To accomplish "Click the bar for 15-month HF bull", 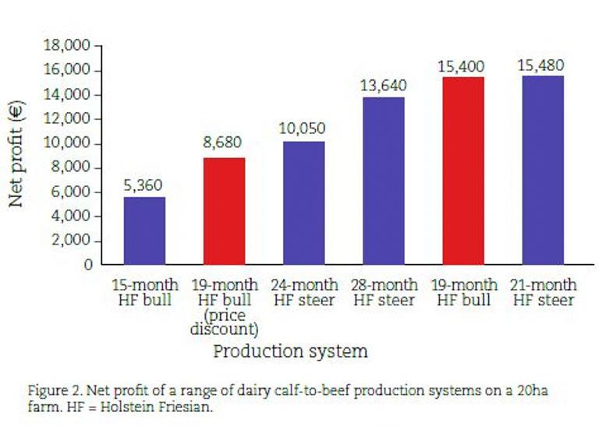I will [145, 231].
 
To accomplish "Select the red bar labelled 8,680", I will [225, 211].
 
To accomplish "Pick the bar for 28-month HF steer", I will [384, 181].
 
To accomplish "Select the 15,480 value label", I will [540, 65].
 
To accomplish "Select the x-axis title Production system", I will [290, 351].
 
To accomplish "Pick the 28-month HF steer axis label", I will [384, 293].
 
